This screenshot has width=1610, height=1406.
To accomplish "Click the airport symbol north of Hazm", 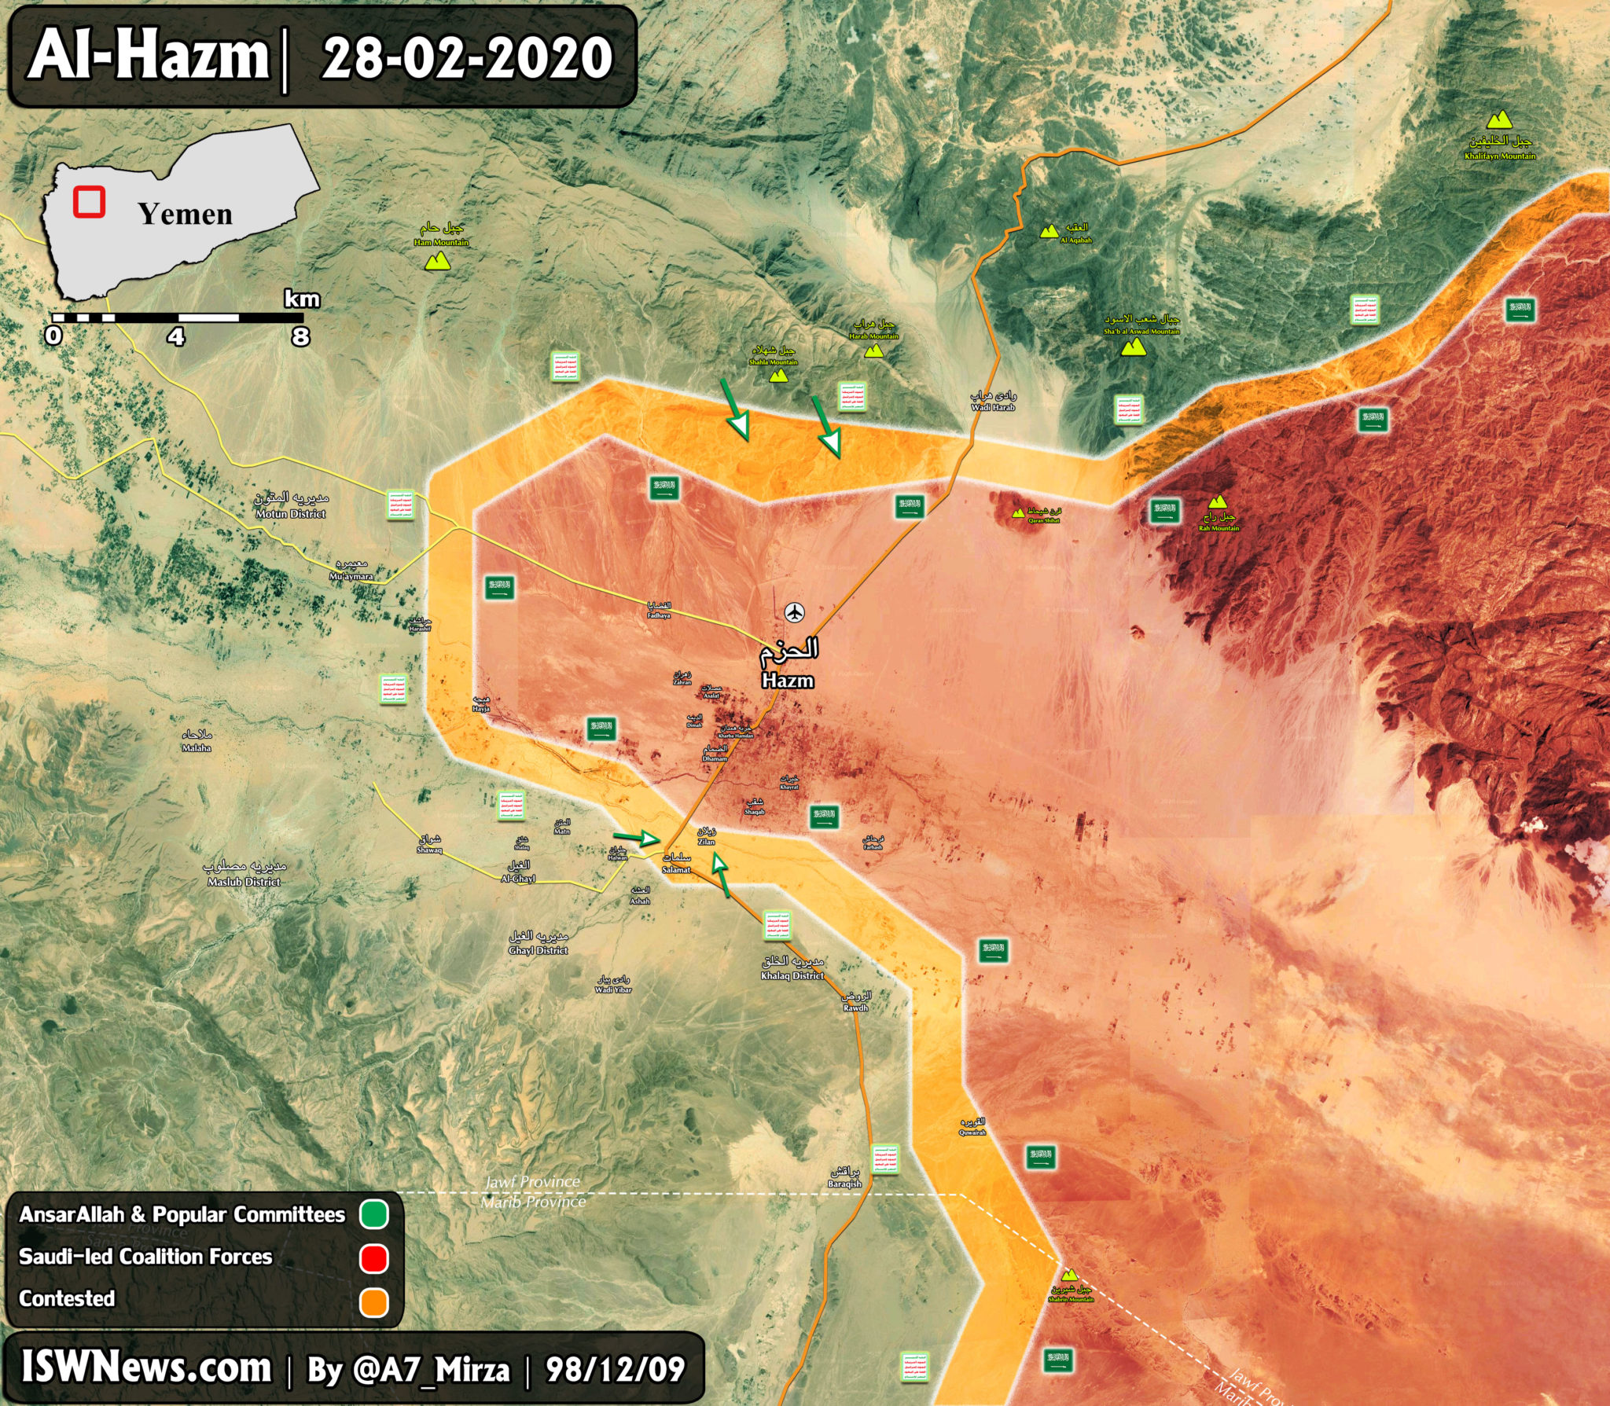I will (795, 612).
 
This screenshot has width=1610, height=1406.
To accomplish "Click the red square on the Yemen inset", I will (90, 201).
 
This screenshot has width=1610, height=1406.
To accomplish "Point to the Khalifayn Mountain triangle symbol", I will (1499, 120).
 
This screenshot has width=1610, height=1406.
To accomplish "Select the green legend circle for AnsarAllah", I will (374, 1214).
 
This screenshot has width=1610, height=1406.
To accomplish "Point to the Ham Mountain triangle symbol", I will (437, 262).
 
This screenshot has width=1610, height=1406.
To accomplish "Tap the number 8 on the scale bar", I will (300, 337).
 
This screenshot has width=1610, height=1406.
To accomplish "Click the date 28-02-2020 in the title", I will (467, 58).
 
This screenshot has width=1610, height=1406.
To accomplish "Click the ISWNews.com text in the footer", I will (146, 1368).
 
